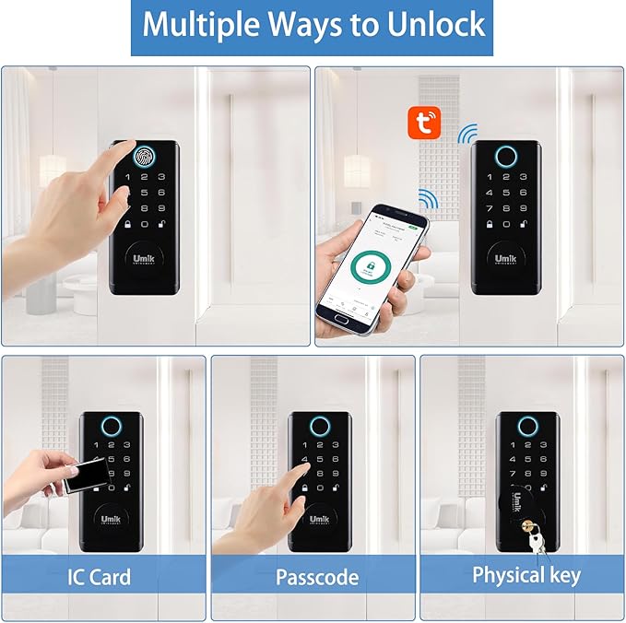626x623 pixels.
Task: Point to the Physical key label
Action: (526, 576)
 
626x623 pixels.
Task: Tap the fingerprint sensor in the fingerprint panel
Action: (147, 156)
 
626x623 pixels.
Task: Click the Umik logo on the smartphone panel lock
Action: (505, 260)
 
